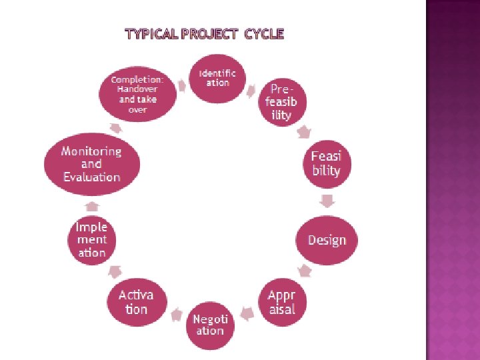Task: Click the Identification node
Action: [x=217, y=77]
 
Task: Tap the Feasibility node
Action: [x=326, y=163]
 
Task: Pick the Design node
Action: [x=327, y=240]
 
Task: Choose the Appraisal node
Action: [x=281, y=302]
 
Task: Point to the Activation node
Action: [x=136, y=302]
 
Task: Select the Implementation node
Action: [x=91, y=239]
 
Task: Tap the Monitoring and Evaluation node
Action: [x=91, y=164]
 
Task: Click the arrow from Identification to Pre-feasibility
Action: [x=251, y=89]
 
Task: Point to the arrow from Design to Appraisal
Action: [x=305, y=271]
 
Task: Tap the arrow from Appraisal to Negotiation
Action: [x=247, y=312]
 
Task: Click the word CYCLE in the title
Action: [x=265, y=34]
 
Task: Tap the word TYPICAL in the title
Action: [x=153, y=34]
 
